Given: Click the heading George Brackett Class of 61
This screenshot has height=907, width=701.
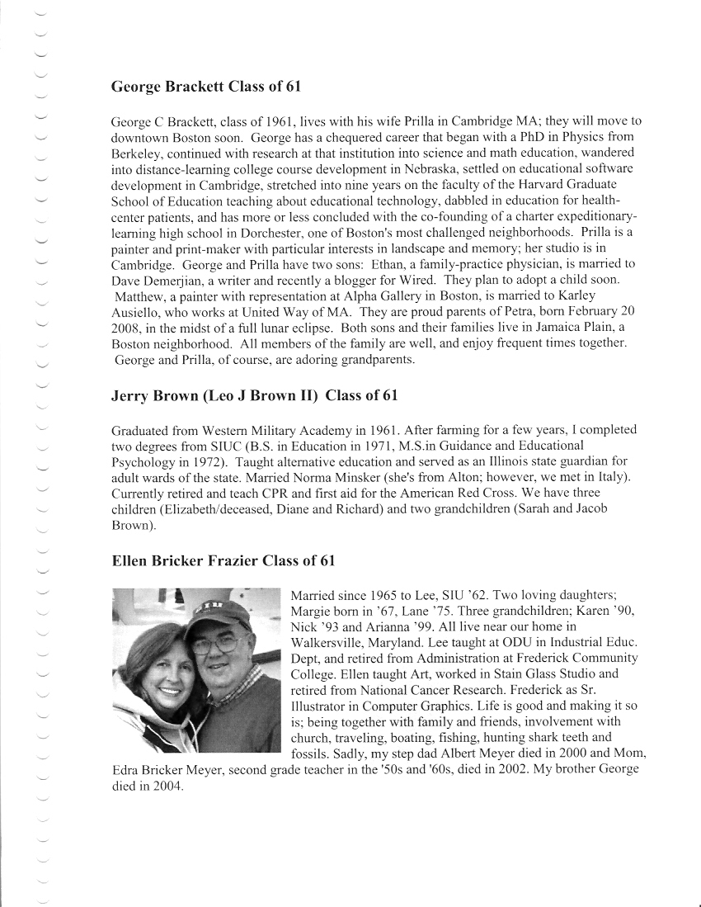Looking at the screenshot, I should [x=210, y=86].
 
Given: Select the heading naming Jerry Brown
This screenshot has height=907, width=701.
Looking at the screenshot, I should [x=254, y=395].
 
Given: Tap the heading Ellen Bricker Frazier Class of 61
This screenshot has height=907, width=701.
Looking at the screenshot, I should [x=223, y=561].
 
